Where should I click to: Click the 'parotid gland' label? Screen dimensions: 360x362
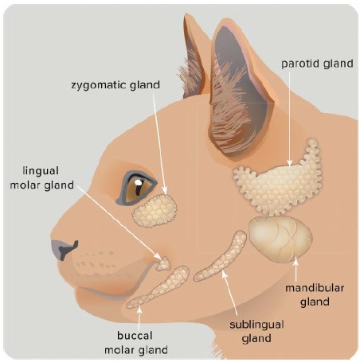pos(317,64)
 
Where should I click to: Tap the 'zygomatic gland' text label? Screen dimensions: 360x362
pos(115,85)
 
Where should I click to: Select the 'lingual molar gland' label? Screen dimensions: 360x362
pos(41,178)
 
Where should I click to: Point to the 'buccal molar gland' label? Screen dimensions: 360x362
pos(136,343)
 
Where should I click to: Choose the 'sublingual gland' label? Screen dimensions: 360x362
pos(256,332)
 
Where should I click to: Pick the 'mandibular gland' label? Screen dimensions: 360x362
pos(315,295)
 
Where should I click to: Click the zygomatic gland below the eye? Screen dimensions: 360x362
pos(155,211)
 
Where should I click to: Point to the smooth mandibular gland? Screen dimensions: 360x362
pos(280,239)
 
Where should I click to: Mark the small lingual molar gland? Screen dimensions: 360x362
pos(163,264)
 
